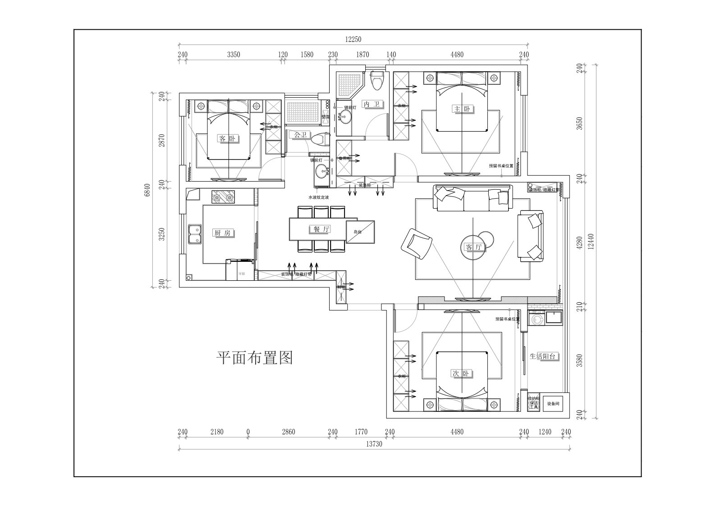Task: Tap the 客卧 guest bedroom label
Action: [227, 138]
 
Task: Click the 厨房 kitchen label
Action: [222, 233]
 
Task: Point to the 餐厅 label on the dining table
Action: [319, 229]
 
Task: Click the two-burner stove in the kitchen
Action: [224, 197]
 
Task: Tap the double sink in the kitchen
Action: [195, 235]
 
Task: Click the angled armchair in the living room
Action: [416, 244]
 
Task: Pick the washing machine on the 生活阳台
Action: [537, 319]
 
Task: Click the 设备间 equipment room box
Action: [553, 404]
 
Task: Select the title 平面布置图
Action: [255, 358]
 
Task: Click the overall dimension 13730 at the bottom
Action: [374, 444]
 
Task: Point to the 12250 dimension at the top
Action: [353, 39]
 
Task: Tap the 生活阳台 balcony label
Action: [544, 356]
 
